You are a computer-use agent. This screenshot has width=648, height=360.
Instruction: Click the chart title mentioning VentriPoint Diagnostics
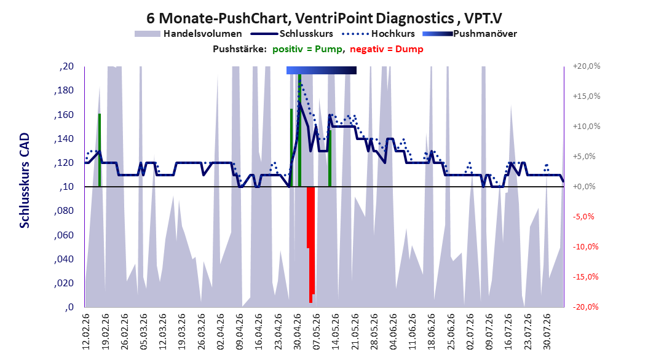[x=324, y=18]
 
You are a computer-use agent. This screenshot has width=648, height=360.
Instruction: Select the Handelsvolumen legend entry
[x=189, y=34]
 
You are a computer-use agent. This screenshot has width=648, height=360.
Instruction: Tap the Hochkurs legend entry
[x=378, y=34]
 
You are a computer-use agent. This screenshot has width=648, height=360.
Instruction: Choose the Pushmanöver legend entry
[x=470, y=34]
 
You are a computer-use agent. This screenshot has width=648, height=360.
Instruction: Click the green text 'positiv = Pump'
[x=307, y=49]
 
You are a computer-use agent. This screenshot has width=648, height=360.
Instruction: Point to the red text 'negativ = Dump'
[x=387, y=49]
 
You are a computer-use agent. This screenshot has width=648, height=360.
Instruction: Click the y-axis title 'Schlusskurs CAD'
[x=25, y=181]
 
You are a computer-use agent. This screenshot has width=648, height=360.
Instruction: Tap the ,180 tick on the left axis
[x=64, y=90]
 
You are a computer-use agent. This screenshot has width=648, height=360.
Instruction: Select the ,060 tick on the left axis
[x=64, y=235]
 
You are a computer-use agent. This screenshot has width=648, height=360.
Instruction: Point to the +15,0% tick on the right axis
[x=587, y=96]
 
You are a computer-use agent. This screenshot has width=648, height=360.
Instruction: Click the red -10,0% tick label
[x=585, y=247]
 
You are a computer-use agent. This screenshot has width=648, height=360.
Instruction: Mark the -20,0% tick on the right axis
[x=585, y=307]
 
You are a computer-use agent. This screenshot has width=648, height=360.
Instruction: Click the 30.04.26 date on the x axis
[x=298, y=332]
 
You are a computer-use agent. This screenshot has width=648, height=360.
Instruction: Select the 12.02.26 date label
[x=86, y=332]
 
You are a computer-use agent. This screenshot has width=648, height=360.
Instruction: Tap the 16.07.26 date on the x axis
[x=508, y=332]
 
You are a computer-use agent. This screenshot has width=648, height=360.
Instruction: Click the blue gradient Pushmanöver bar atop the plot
[x=322, y=70]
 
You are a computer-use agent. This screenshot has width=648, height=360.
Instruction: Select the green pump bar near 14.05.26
[x=330, y=158]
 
